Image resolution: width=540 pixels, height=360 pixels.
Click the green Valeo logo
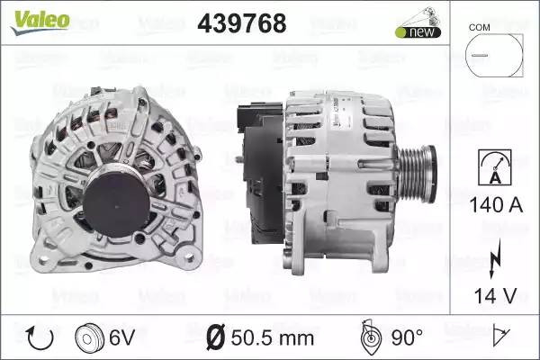40,22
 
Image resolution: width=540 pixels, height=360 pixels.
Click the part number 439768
242,23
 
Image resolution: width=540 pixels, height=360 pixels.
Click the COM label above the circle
479,27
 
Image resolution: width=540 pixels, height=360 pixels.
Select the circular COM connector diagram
494,55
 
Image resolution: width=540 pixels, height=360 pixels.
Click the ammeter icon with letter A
495,167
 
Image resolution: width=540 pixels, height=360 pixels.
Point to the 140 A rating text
496,204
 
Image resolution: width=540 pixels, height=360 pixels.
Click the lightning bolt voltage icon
494,258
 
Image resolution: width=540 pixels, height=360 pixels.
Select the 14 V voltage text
495,295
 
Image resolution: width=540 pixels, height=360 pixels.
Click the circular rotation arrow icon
40,338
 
